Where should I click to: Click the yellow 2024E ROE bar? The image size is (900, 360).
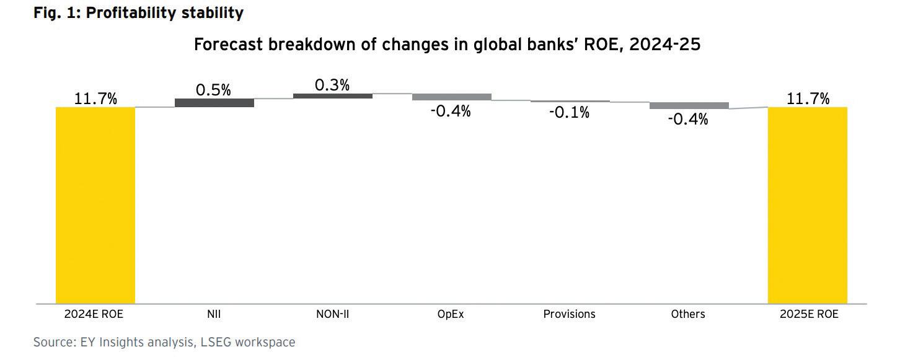(x=95, y=205)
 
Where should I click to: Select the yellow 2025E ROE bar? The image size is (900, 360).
(x=808, y=205)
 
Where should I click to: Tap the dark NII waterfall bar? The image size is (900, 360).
(x=214, y=103)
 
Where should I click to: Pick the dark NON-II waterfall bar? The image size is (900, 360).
(x=333, y=96)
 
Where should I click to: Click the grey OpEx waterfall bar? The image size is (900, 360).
(x=452, y=97)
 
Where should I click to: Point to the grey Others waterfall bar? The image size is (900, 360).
(x=689, y=106)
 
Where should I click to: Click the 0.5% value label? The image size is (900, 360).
(x=213, y=90)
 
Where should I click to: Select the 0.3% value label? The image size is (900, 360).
(x=332, y=85)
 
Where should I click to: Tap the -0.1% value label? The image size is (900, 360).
(x=570, y=113)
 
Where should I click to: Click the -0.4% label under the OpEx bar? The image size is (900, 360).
(x=451, y=111)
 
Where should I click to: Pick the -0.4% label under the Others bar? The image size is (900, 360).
(x=688, y=119)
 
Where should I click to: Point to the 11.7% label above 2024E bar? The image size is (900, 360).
(x=95, y=99)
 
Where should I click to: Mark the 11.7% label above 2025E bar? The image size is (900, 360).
(x=808, y=99)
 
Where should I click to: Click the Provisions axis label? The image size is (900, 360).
(x=570, y=314)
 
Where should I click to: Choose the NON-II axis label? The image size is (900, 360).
(x=333, y=314)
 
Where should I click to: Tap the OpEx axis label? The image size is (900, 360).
(x=451, y=314)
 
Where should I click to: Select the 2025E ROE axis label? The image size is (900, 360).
(x=810, y=314)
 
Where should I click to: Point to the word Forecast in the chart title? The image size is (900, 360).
(x=228, y=44)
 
